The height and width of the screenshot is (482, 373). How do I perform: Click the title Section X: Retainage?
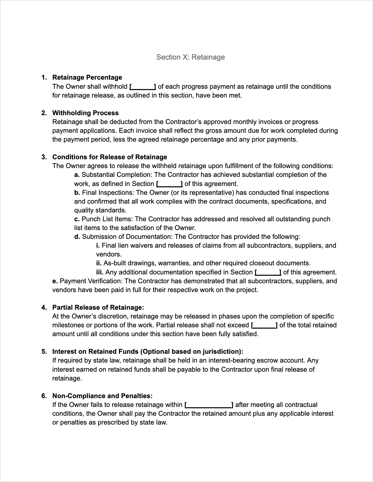pyautogui.click(x=190, y=57)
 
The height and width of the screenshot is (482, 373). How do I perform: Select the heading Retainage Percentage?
pyautogui.click(x=87, y=77)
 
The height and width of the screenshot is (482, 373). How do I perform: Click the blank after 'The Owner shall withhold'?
pyautogui.click(x=143, y=87)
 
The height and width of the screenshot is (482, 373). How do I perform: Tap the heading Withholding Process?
pyautogui.click(x=85, y=113)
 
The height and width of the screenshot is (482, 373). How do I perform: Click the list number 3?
pyautogui.click(x=44, y=157)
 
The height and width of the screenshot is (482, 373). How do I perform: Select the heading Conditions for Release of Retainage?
pyautogui.click(x=110, y=157)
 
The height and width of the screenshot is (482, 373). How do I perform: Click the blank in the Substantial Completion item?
pyautogui.click(x=169, y=184)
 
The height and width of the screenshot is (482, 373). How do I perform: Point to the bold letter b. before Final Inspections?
pyautogui.click(x=77, y=193)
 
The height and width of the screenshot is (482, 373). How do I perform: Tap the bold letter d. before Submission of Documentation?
pyautogui.click(x=77, y=237)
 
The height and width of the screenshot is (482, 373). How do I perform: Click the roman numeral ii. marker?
pyautogui.click(x=99, y=263)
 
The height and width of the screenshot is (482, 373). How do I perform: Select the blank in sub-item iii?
pyautogui.click(x=268, y=272)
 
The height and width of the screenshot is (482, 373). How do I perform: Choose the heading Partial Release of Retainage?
pyautogui.click(x=98, y=308)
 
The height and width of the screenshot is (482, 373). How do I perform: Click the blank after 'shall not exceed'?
pyautogui.click(x=264, y=325)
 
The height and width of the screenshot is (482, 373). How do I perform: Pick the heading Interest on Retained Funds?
pyautogui.click(x=148, y=352)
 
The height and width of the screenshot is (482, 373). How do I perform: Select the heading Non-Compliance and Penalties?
pyautogui.click(x=102, y=396)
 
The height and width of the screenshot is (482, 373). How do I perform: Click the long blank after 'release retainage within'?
pyautogui.click(x=209, y=405)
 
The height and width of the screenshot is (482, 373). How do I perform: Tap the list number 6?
pyautogui.click(x=44, y=396)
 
